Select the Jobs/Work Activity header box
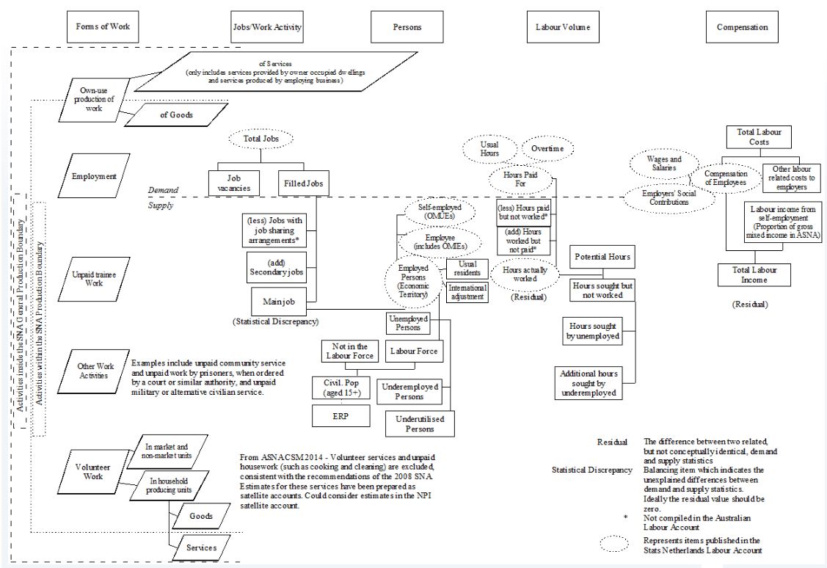tap(262, 27)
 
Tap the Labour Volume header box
tap(558, 27)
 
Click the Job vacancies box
tap(229, 183)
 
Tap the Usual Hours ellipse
tap(489, 149)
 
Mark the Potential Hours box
tap(599, 258)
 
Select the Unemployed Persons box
tap(407, 324)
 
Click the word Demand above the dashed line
tap(164, 189)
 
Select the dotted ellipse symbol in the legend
tap(610, 544)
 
